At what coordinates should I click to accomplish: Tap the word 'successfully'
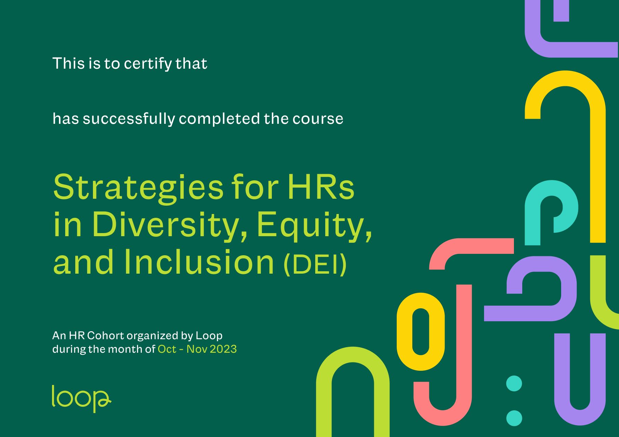(129, 119)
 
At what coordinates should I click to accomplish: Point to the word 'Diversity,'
(170, 226)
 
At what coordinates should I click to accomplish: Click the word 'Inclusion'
(199, 262)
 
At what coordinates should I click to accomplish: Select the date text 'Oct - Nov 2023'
(197, 349)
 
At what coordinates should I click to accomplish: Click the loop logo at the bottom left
(81, 399)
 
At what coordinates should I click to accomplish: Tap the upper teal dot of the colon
(514, 384)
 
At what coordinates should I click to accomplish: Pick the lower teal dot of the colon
(514, 418)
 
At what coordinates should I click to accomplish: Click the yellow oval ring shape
(404, 332)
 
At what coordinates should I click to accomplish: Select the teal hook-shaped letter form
(533, 215)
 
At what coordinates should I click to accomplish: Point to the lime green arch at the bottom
(324, 399)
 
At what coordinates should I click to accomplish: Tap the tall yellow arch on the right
(598, 156)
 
